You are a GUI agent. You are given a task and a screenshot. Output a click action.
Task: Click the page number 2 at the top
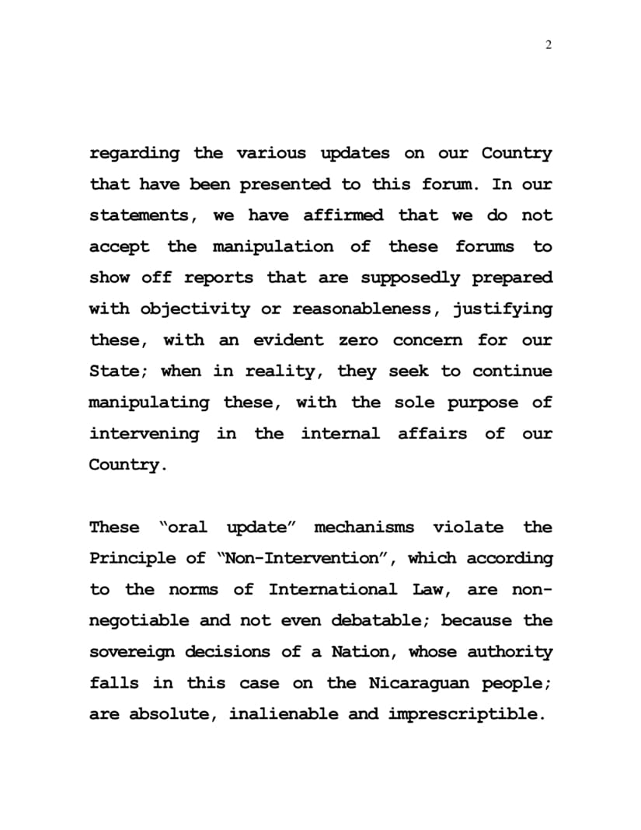point(549,45)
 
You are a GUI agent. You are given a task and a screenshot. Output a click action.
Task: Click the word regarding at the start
point(134,154)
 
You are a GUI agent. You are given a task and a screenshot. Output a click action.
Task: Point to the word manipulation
point(273,247)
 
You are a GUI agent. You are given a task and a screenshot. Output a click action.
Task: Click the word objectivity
point(195,309)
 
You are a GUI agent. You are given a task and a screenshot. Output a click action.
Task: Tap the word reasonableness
point(361,309)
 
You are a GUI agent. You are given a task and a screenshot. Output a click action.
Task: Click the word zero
point(359,340)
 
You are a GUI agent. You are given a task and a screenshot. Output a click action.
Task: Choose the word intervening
point(144,434)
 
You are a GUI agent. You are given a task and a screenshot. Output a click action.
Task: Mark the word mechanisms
point(364,528)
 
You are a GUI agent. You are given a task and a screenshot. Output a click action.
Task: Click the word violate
point(469,528)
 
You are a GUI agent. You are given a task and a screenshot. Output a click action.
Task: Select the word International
point(334,590)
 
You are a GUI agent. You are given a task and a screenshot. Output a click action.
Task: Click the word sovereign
point(134,652)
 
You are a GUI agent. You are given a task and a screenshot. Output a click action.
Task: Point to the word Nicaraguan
point(419,683)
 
